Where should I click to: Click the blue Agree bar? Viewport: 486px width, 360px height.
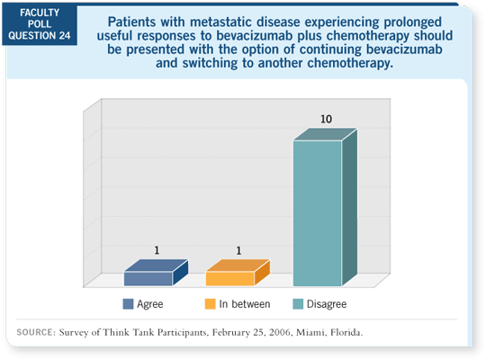point(156,273)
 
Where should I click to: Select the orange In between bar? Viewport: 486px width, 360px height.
point(238,273)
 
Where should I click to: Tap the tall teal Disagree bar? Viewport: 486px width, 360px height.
point(325,207)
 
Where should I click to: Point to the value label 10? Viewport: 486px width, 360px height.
point(326,119)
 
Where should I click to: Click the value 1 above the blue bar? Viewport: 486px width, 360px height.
point(157,250)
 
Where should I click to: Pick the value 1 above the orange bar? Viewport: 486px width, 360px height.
point(238,250)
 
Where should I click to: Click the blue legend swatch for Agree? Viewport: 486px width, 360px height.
point(128,304)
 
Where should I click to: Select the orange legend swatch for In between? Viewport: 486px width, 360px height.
point(210,304)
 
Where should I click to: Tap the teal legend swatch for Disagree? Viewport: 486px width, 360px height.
point(298,304)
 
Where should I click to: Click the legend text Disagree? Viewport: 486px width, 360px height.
point(327,304)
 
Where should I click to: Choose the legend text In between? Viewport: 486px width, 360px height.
point(245,304)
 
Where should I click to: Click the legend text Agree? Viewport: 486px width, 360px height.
point(150,304)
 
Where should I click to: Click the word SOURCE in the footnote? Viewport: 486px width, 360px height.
point(35,332)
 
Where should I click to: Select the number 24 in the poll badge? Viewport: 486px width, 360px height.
point(65,36)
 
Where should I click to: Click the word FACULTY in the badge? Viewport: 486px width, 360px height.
point(40,13)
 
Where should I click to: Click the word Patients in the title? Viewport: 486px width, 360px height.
point(131,22)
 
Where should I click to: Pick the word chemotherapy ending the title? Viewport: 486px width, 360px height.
point(350,63)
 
